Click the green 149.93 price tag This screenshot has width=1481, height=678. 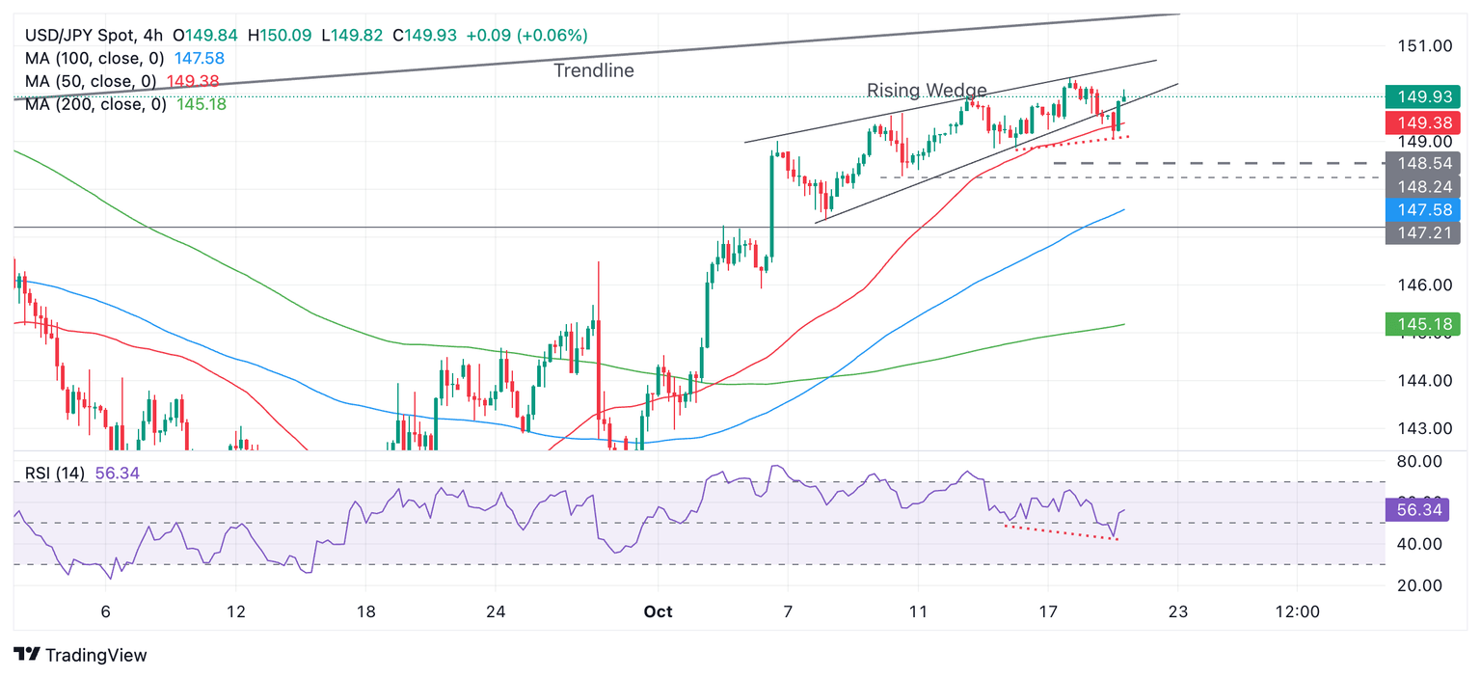point(1422,96)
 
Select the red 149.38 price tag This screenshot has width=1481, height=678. point(1422,122)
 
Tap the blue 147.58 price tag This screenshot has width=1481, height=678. point(1422,209)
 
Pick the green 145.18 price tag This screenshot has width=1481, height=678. point(1422,324)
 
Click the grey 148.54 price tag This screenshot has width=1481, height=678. point(1422,163)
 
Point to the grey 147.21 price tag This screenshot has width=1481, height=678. point(1422,232)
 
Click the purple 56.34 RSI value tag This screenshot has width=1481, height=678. point(1422,510)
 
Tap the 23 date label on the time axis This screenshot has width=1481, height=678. point(1177,611)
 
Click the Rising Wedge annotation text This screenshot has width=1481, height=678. point(927,91)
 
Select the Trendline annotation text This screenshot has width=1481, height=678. point(594,70)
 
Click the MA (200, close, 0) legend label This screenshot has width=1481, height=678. point(94,104)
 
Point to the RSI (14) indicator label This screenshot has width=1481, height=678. point(55,474)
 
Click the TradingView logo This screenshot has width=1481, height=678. point(82,655)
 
